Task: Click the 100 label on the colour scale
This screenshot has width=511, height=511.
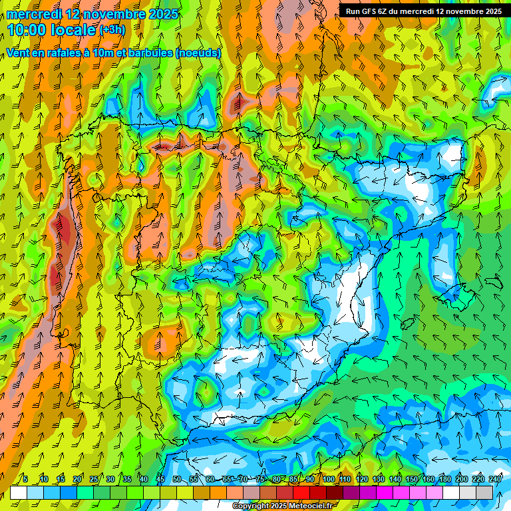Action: pos(328,479)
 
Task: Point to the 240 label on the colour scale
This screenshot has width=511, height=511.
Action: pos(495,479)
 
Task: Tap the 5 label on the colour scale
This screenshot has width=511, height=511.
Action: pos(25,479)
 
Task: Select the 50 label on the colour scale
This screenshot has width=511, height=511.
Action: pos(177,479)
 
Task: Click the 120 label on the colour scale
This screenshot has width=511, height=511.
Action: pos(361,479)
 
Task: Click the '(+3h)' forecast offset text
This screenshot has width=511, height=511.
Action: pos(111,30)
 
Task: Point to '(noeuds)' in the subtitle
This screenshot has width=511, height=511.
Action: pos(198,53)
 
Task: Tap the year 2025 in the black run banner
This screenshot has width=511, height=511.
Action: pos(488,11)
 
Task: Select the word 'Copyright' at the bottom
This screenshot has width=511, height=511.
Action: pos(250,506)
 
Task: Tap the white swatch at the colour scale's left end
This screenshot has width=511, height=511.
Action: pos(19,492)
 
